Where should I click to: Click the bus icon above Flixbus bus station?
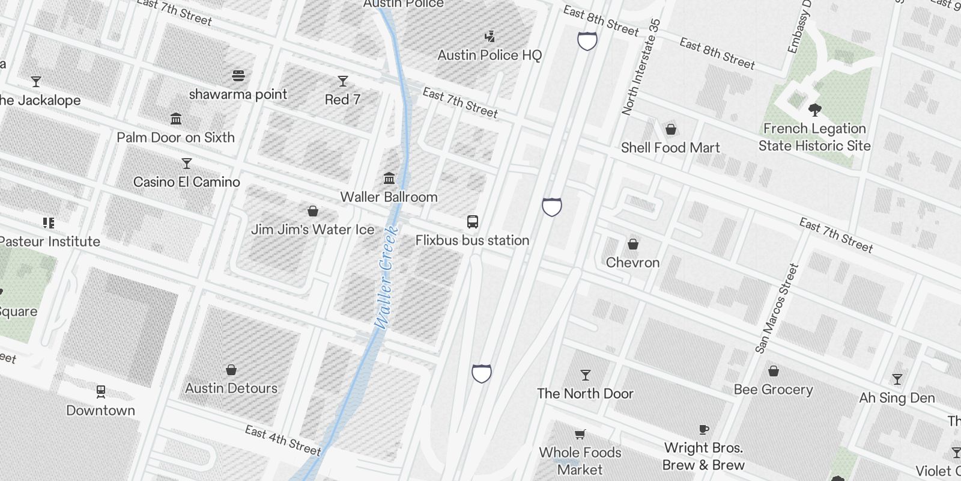473,222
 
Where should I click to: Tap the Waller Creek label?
386,277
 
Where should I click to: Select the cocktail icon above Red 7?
343,81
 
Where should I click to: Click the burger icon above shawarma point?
238,76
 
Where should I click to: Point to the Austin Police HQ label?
490,55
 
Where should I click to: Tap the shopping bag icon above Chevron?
632,244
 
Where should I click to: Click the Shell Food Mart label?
670,147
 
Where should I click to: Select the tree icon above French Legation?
814,110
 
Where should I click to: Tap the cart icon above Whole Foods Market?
580,434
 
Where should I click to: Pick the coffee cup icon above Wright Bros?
704,429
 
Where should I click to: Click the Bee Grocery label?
773,390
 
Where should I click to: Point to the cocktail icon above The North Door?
585,375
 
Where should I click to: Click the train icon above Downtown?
101,392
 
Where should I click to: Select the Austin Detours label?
231,388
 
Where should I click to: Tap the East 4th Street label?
283,440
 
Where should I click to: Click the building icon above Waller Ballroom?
389,179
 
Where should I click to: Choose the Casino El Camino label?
186,182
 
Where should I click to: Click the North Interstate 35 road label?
641,67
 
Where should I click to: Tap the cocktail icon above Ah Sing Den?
897,379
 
